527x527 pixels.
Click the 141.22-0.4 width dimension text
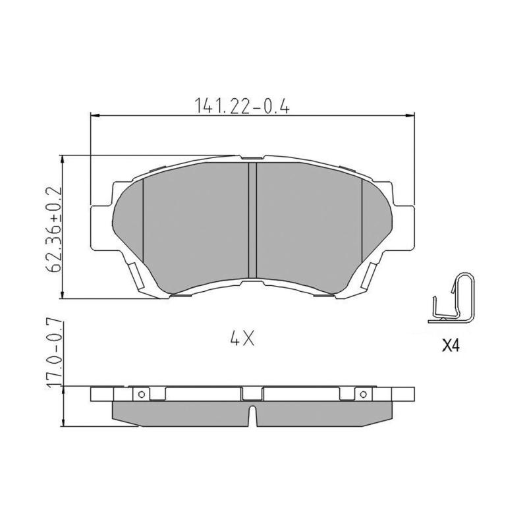click(x=242, y=105)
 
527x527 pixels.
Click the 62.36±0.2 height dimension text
click(x=55, y=229)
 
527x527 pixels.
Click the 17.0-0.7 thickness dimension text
click(x=55, y=354)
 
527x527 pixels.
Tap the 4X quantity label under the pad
click(x=242, y=339)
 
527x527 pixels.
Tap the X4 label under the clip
click(x=450, y=345)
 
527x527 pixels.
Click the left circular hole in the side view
click(x=142, y=394)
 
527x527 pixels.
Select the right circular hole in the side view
click(x=363, y=394)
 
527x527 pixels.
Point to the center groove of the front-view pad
click(x=252, y=220)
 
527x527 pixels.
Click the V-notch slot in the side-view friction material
click(x=252, y=416)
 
